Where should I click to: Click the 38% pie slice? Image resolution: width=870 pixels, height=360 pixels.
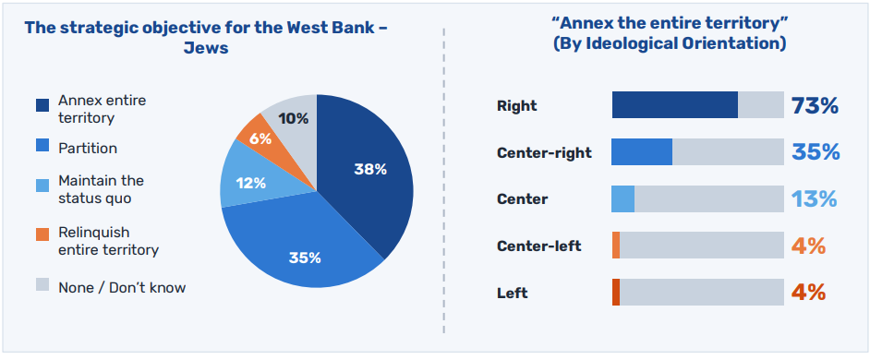click(x=367, y=172)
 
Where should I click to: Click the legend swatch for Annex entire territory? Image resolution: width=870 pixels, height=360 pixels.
click(x=42, y=105)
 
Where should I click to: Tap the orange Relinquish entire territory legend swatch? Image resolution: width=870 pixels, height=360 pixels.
click(x=42, y=234)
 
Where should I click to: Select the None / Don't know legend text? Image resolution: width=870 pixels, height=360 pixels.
click(x=122, y=287)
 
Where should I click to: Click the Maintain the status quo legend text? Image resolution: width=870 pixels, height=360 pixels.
click(x=101, y=189)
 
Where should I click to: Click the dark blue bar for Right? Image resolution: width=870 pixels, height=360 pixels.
click(x=675, y=105)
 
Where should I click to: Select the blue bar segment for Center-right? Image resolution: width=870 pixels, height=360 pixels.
click(x=642, y=152)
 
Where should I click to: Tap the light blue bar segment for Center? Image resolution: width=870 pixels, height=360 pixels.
click(x=623, y=198)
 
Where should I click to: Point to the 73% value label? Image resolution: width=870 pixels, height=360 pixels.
click(x=815, y=105)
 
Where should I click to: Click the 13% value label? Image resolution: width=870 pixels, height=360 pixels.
click(x=814, y=198)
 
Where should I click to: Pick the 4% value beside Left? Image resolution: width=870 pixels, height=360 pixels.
click(x=808, y=293)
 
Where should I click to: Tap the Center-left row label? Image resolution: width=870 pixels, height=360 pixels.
click(x=538, y=246)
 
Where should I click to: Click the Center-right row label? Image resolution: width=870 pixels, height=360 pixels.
click(x=544, y=152)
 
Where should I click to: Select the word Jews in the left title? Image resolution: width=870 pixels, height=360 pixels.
click(x=206, y=48)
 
